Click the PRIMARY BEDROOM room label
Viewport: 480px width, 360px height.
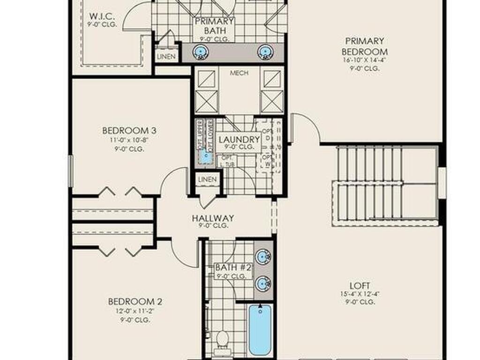364,46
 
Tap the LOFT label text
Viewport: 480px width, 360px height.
360,285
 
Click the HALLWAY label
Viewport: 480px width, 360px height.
213,218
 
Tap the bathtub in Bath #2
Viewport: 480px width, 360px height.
260,330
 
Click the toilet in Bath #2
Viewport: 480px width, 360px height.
222,338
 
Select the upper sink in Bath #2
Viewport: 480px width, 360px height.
263,256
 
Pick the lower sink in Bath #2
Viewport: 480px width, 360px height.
263,283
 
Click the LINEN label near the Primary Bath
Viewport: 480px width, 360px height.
166,57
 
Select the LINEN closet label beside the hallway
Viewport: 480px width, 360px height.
207,180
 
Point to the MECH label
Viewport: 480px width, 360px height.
239,73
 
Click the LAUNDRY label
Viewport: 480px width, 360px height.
239,140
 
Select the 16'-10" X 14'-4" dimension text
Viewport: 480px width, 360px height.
364,60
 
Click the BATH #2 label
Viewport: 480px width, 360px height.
233,268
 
